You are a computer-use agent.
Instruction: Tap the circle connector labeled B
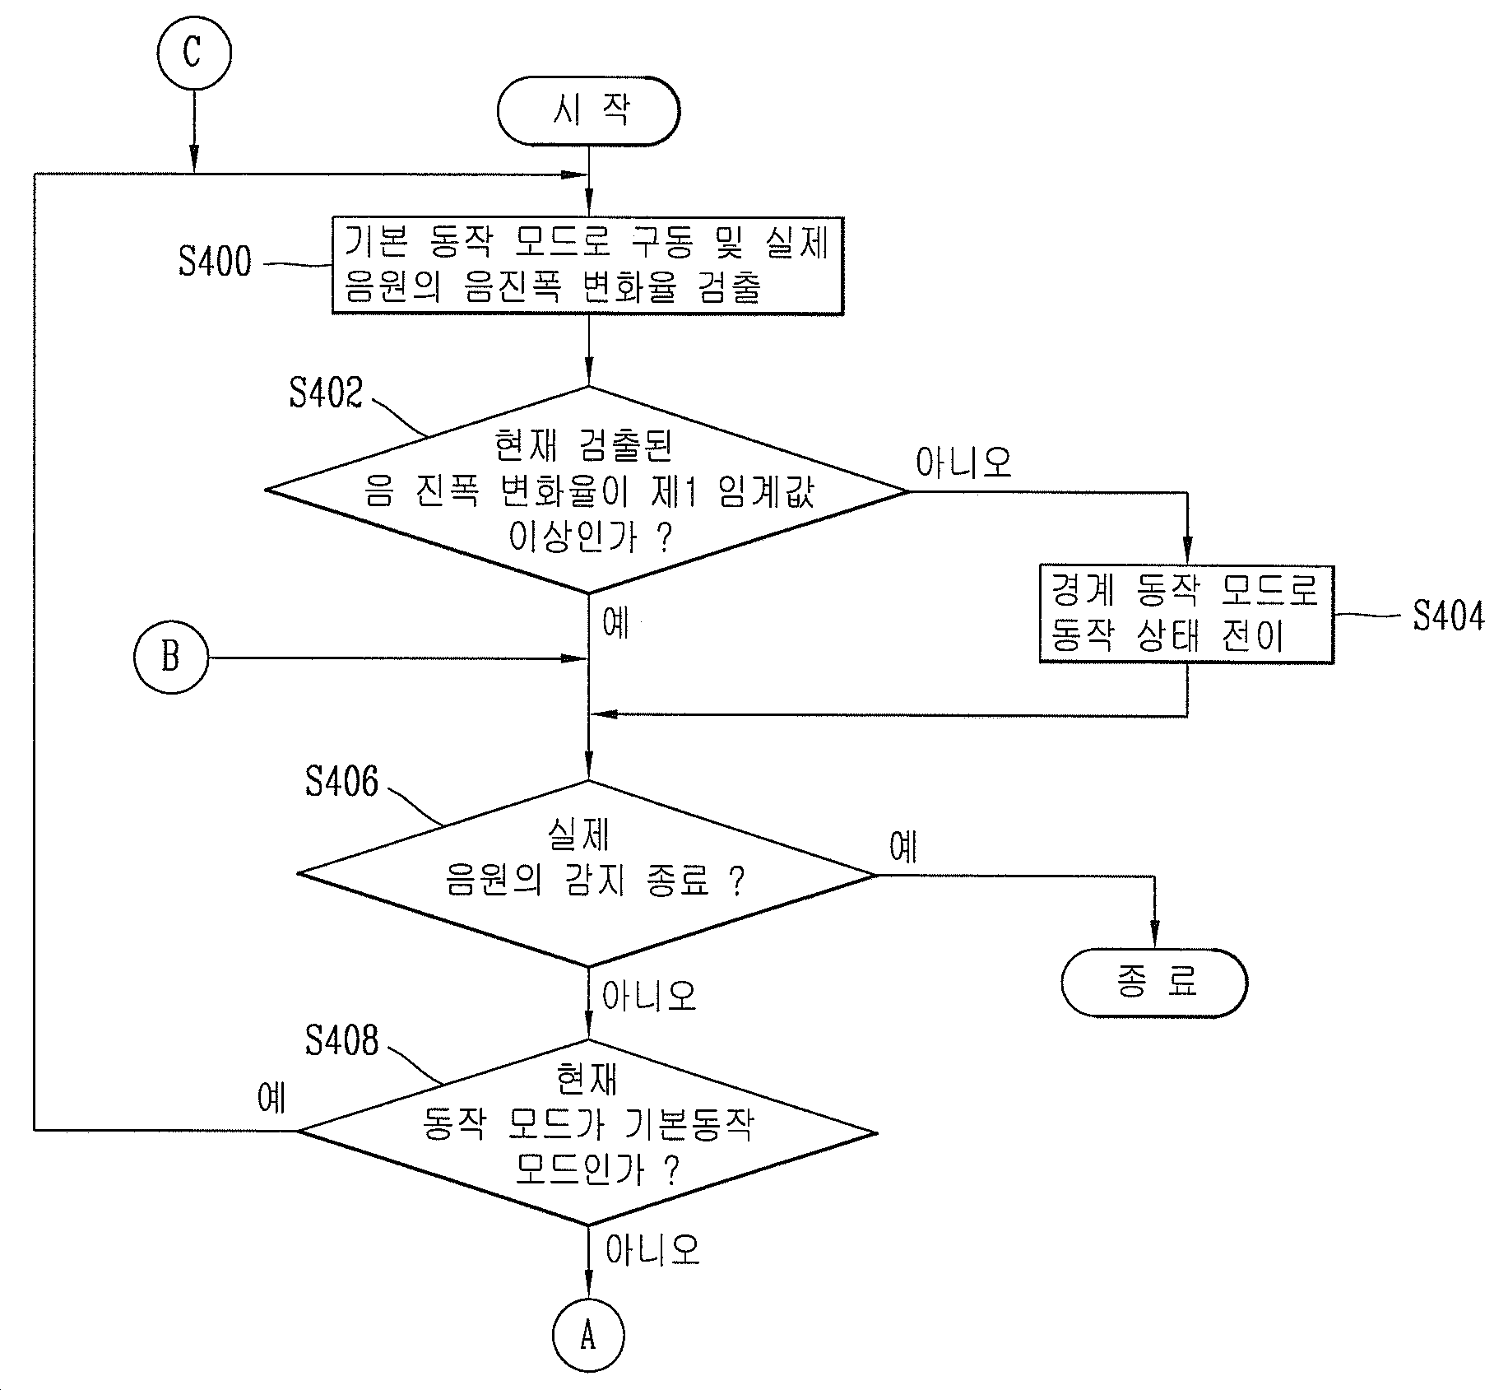[171, 658]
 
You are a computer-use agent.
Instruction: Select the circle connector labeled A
[587, 1336]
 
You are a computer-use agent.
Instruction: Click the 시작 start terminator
[588, 111]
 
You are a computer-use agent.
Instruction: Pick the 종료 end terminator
[1154, 983]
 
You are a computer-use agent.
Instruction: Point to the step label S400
[215, 262]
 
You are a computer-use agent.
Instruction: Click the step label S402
[326, 393]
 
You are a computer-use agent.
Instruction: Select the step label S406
[342, 781]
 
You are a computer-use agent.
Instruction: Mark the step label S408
[342, 1040]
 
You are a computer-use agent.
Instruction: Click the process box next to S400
[588, 266]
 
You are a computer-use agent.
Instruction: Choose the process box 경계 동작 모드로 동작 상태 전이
[1186, 614]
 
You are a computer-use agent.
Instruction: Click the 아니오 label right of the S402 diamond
[964, 463]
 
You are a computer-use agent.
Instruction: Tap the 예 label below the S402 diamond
[616, 623]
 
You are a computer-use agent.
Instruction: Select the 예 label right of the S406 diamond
[903, 847]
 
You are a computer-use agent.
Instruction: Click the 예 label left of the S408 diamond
[271, 1097]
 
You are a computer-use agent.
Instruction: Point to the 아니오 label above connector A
[652, 1249]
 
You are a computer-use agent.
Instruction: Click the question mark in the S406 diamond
[737, 882]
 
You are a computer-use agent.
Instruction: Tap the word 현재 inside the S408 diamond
[587, 1079]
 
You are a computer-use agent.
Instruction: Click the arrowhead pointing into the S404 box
[1187, 552]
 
